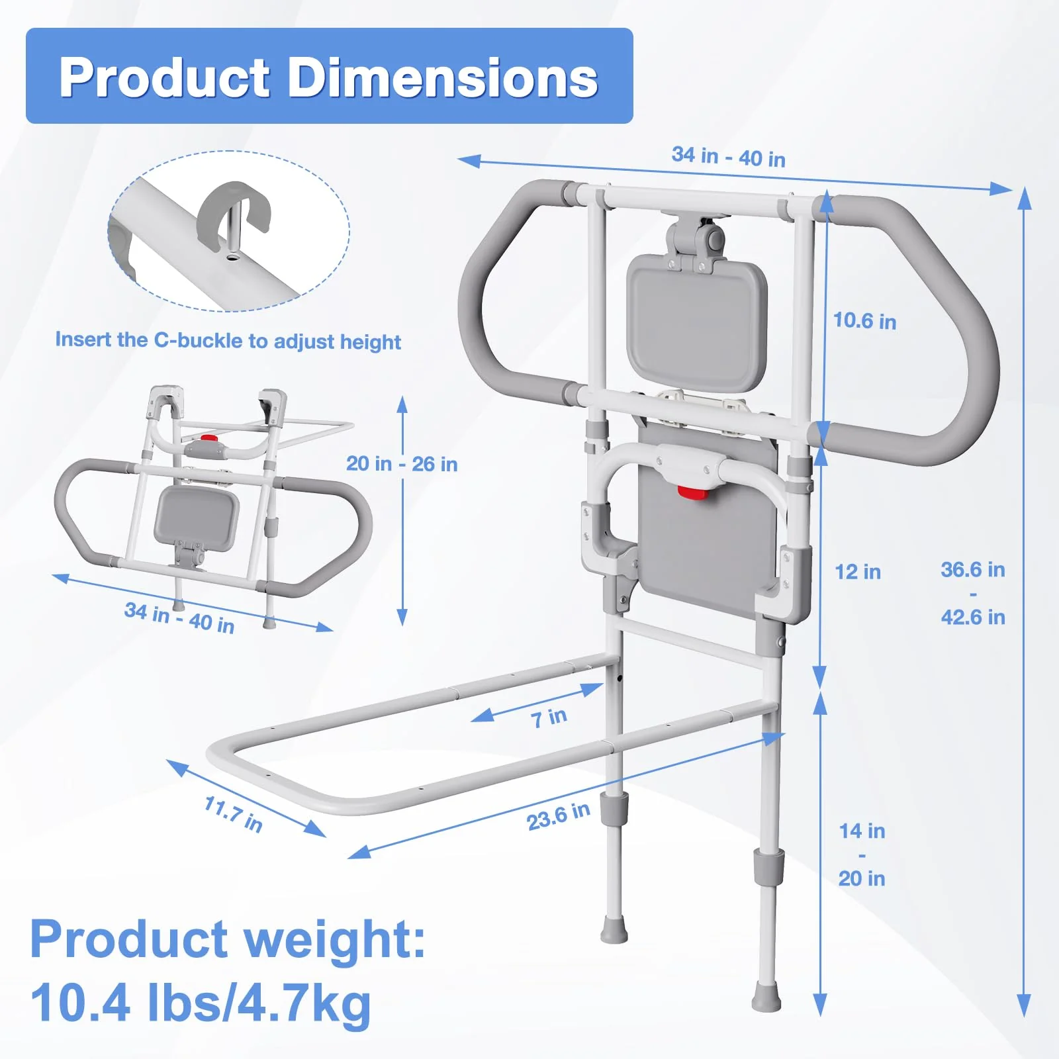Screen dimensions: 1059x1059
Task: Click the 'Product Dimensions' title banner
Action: click(x=329, y=75)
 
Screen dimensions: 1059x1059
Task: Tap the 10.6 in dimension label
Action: click(x=864, y=321)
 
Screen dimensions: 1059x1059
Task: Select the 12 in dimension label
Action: click(x=858, y=572)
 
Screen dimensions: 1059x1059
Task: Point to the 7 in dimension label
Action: click(x=549, y=717)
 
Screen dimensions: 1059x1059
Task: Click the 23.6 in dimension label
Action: click(x=558, y=816)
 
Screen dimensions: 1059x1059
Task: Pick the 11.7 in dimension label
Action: click(x=234, y=813)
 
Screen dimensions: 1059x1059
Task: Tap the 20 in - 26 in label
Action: click(x=402, y=464)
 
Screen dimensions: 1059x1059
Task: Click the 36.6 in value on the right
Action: click(x=973, y=569)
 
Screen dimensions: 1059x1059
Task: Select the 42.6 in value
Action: click(x=973, y=618)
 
